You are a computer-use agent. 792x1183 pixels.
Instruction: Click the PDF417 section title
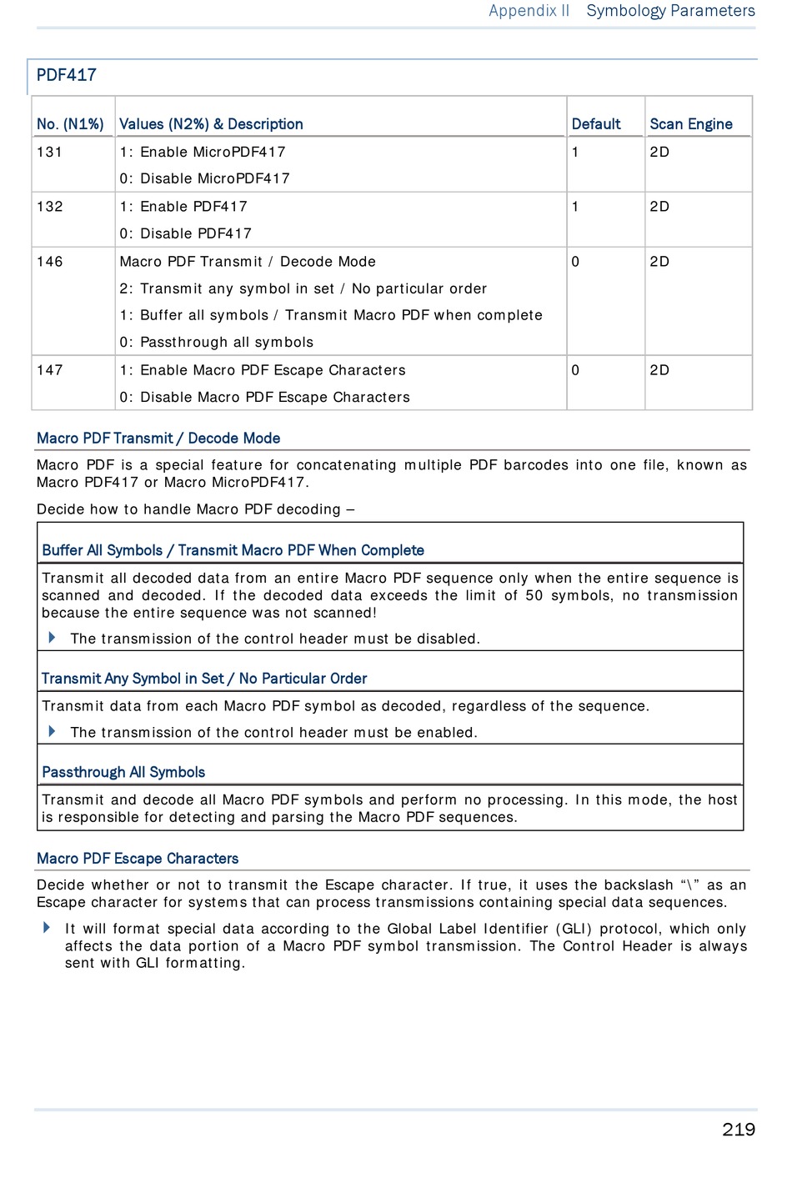(x=67, y=75)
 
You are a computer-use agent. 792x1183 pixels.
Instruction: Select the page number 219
(x=738, y=1130)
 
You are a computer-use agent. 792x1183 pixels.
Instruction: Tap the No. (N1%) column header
(x=70, y=124)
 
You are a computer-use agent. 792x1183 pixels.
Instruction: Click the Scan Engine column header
(x=690, y=124)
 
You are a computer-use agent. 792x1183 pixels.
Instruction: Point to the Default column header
(x=595, y=124)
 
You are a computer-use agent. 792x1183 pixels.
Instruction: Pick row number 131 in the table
(x=49, y=152)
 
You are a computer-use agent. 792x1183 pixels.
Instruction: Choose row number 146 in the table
(x=49, y=262)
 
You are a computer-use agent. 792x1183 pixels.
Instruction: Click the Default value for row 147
(x=575, y=370)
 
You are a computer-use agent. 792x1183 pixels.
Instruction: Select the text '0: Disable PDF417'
(x=185, y=233)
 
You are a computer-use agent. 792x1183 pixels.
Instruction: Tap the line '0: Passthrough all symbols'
(x=216, y=342)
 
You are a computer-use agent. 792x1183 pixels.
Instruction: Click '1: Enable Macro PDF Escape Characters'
(x=262, y=370)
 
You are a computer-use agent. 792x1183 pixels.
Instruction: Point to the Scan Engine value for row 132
(x=659, y=207)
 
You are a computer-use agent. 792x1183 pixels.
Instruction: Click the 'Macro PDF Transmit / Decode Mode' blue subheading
(x=158, y=439)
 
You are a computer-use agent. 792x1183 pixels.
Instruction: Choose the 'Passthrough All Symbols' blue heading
(x=123, y=772)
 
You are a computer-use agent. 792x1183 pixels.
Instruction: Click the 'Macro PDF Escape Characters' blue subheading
(x=138, y=859)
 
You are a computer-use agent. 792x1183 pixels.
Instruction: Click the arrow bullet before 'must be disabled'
(x=52, y=638)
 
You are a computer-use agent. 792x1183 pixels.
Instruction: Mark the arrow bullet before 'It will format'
(x=47, y=927)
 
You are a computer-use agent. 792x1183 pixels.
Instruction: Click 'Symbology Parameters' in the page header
(x=670, y=11)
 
